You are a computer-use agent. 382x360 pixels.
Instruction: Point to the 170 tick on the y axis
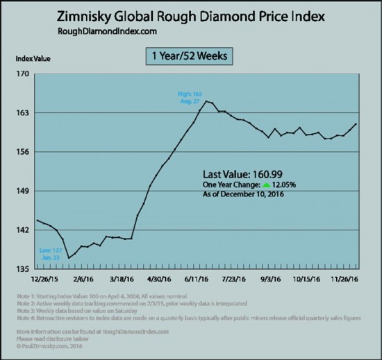(22, 74)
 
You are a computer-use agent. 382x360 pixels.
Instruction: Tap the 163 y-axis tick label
(22, 112)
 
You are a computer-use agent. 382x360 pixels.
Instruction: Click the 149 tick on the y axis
(22, 191)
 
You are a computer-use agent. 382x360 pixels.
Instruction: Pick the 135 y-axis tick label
(22, 269)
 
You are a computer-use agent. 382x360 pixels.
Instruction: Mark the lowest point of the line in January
(68, 258)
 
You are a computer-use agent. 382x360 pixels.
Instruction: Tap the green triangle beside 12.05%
(266, 185)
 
